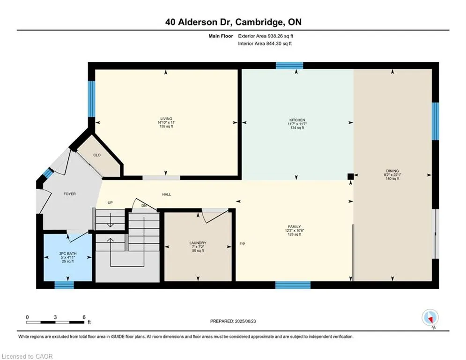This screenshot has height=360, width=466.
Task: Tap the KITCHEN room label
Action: click(296, 120)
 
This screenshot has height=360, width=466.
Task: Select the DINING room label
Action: click(392, 171)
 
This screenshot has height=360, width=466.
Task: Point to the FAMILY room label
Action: click(294, 226)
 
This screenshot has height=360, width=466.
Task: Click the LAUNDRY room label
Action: click(197, 243)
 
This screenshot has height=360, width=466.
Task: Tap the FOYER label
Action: click(69, 194)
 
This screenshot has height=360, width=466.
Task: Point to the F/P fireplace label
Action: click(243, 245)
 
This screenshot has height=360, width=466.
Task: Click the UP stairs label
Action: click(110, 202)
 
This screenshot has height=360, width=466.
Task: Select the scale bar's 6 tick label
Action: click(84, 317)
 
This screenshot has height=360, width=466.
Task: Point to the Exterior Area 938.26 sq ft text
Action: click(266, 36)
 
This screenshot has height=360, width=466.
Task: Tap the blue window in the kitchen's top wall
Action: click(289, 66)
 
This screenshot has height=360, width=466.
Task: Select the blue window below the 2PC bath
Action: click(64, 285)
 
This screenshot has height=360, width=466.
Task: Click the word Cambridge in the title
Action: click(258, 22)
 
